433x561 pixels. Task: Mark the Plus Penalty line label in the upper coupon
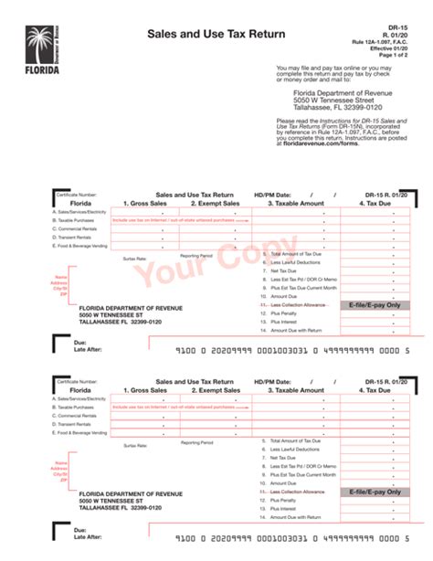pos(284,313)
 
